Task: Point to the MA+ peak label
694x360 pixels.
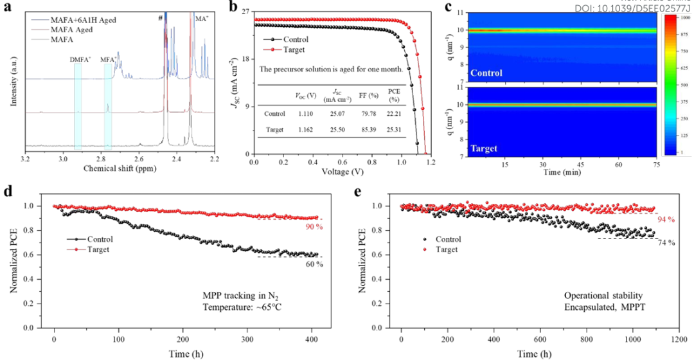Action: click(202, 19)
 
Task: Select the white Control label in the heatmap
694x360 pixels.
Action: click(486, 73)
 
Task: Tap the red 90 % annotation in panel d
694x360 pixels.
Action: click(312, 226)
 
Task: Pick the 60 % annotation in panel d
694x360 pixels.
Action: click(314, 264)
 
